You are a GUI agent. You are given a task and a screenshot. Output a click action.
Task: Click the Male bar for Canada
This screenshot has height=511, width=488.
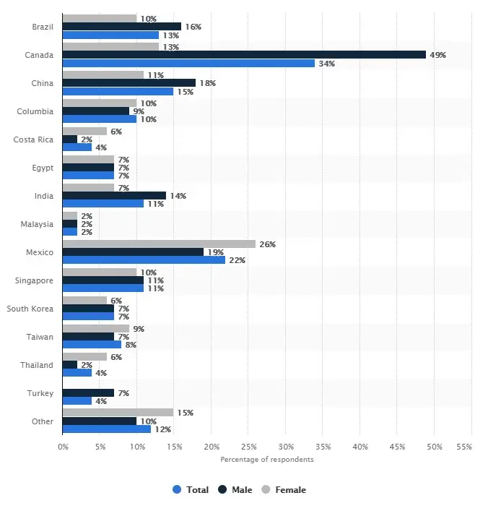click(x=244, y=55)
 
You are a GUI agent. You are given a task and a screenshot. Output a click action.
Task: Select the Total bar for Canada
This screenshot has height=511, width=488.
click(x=188, y=63)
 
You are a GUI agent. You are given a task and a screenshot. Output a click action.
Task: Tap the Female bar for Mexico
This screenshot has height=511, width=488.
click(x=159, y=244)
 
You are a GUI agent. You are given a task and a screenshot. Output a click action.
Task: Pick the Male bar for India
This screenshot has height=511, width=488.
click(x=114, y=196)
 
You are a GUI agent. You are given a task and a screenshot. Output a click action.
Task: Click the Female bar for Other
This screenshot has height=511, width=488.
click(x=118, y=413)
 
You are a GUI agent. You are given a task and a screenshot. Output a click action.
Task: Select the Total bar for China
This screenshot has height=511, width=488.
click(x=118, y=91)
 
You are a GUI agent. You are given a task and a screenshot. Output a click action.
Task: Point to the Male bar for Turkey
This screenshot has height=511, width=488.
click(x=88, y=392)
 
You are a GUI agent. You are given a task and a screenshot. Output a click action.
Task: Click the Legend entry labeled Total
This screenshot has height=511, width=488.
click(x=191, y=490)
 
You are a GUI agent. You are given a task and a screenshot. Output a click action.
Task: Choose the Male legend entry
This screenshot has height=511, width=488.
click(x=237, y=490)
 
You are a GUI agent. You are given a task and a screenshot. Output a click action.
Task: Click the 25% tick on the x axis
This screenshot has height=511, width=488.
click(x=248, y=447)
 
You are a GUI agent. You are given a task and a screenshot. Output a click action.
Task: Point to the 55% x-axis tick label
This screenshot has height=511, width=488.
click(x=464, y=447)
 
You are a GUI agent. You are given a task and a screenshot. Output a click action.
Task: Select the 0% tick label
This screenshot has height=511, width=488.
click(x=63, y=447)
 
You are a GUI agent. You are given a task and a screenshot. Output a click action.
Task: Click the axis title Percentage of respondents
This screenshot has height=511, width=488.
click(x=267, y=460)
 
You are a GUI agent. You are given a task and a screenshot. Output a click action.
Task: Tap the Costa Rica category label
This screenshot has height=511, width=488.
click(x=33, y=139)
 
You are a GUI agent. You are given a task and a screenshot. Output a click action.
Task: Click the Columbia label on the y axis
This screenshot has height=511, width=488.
click(x=35, y=111)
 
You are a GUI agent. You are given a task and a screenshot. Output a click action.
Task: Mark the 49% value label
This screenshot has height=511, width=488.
click(x=437, y=55)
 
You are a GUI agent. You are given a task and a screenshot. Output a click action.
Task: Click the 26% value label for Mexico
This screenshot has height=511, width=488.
click(x=266, y=244)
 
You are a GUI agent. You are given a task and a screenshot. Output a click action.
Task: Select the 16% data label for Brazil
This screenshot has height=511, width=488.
click(x=192, y=27)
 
